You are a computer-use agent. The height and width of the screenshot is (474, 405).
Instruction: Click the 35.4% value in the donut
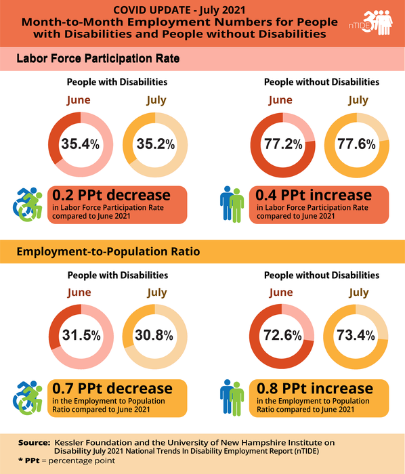[x=80, y=144]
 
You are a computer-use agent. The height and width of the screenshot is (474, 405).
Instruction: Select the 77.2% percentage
[x=282, y=144]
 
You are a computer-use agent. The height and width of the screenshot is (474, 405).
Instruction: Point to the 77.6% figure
[x=358, y=144]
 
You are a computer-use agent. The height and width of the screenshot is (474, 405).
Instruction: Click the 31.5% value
[x=80, y=336]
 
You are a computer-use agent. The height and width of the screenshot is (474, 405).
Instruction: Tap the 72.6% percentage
[x=282, y=336]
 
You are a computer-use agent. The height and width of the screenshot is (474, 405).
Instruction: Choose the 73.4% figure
[x=358, y=336]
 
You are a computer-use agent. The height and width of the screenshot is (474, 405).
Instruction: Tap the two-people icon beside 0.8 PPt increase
[x=232, y=396]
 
